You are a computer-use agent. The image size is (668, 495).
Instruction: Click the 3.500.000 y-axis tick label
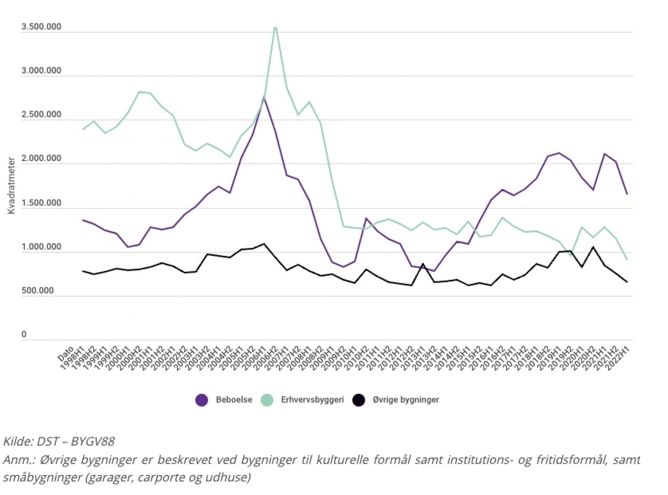tap(41, 27)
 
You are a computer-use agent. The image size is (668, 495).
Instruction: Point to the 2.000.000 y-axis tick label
tap(41, 158)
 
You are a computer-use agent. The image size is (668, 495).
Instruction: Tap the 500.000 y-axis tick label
tap(38, 290)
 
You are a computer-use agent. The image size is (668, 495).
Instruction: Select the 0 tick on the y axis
tap(24, 334)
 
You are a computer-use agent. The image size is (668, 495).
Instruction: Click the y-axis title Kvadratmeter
tap(11, 186)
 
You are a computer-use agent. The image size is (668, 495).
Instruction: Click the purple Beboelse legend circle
tap(202, 400)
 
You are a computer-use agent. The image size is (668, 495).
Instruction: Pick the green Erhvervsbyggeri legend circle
tap(267, 400)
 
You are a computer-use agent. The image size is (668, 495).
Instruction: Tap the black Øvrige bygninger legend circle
tap(358, 400)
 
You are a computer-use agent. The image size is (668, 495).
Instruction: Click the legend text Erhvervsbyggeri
tap(312, 400)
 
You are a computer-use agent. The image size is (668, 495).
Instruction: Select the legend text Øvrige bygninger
tap(406, 400)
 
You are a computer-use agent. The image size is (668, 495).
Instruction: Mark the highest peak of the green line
tap(275, 27)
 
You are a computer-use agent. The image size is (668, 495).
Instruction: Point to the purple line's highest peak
tap(264, 98)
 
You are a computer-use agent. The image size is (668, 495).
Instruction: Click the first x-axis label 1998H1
tap(73, 359)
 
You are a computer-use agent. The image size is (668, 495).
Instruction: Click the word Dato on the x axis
tap(66, 353)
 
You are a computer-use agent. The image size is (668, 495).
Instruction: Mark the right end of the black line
tap(627, 282)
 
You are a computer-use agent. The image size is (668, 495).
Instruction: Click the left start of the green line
tap(82, 130)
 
